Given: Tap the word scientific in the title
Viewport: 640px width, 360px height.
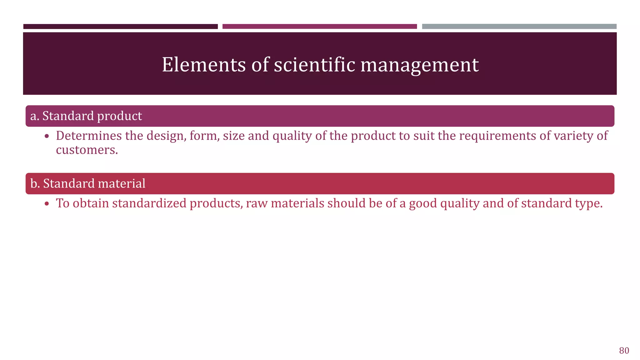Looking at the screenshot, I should pos(315,65).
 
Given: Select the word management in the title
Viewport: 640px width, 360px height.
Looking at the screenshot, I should pos(419,65).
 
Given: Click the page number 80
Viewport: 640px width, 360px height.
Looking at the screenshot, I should pos(624,351).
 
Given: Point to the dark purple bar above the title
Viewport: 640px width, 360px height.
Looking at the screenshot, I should pos(120,27).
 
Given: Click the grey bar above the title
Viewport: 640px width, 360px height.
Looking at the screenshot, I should pos(519,27).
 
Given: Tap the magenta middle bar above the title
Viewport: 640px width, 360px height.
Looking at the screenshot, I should pos(319,27).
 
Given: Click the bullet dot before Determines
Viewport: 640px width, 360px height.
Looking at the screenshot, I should pos(47,137).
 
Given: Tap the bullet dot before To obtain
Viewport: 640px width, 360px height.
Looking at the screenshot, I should pos(47,204).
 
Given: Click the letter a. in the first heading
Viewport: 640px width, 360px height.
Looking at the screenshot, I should pos(35,116).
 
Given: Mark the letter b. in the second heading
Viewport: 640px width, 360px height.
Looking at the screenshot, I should pos(35,184).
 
